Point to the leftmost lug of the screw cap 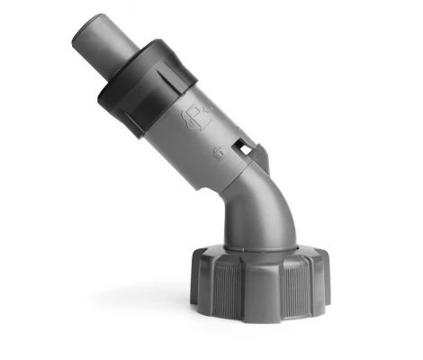coord(195,279)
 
